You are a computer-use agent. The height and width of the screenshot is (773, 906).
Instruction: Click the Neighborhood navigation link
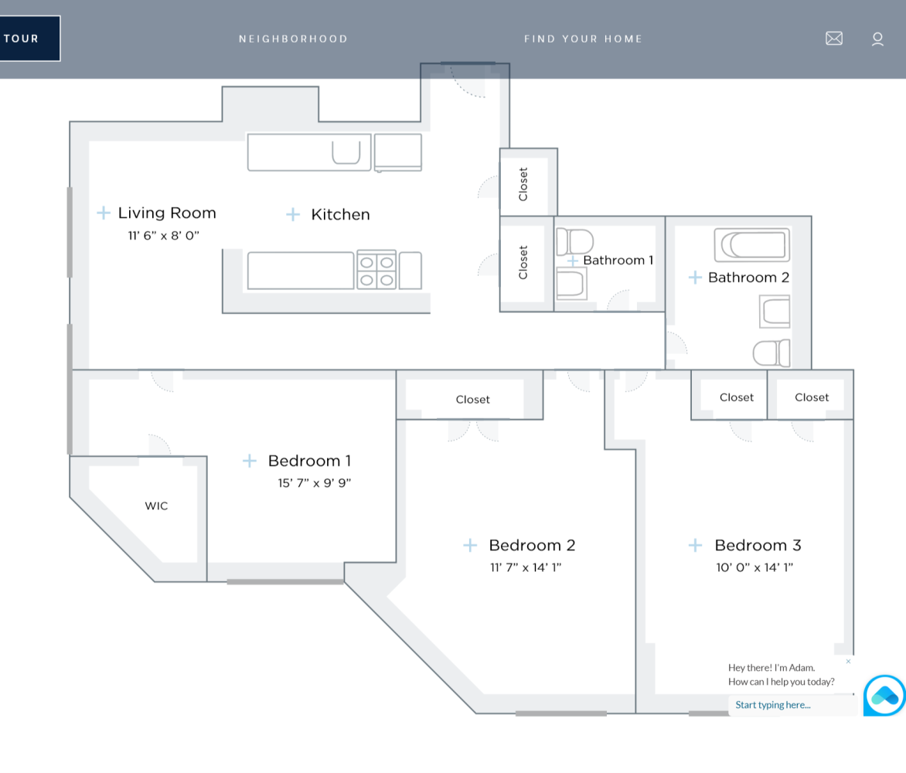293,39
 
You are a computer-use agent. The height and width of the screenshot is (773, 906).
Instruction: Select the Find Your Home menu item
583,39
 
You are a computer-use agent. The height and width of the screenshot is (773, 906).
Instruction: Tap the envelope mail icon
834,39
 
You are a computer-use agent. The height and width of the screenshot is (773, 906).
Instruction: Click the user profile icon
877,39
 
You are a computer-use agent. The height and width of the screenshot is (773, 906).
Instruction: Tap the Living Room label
167,213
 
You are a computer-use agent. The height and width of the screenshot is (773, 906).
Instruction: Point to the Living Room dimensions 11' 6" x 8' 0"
164,236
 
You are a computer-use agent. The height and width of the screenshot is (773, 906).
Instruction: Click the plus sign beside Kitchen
293,214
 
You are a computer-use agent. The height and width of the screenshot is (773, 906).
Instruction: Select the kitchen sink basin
346,152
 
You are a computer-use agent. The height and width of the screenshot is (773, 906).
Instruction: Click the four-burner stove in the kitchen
376,271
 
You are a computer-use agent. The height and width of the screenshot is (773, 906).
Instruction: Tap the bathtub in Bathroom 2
752,246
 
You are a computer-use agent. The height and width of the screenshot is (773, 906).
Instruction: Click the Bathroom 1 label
618,261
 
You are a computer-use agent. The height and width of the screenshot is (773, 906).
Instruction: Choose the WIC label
156,506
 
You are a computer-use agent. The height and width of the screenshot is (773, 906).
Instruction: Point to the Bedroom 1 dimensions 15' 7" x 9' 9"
315,483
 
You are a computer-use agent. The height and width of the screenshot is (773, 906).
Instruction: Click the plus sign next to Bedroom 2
470,545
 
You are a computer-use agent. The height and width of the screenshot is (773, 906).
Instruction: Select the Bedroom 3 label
758,545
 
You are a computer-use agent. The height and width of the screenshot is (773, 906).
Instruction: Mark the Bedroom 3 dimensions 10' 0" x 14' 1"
754,567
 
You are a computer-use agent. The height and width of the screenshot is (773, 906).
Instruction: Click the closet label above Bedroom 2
472,400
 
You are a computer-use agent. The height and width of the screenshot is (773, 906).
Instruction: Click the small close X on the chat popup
848,662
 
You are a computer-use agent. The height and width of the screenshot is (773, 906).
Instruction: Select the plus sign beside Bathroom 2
695,278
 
